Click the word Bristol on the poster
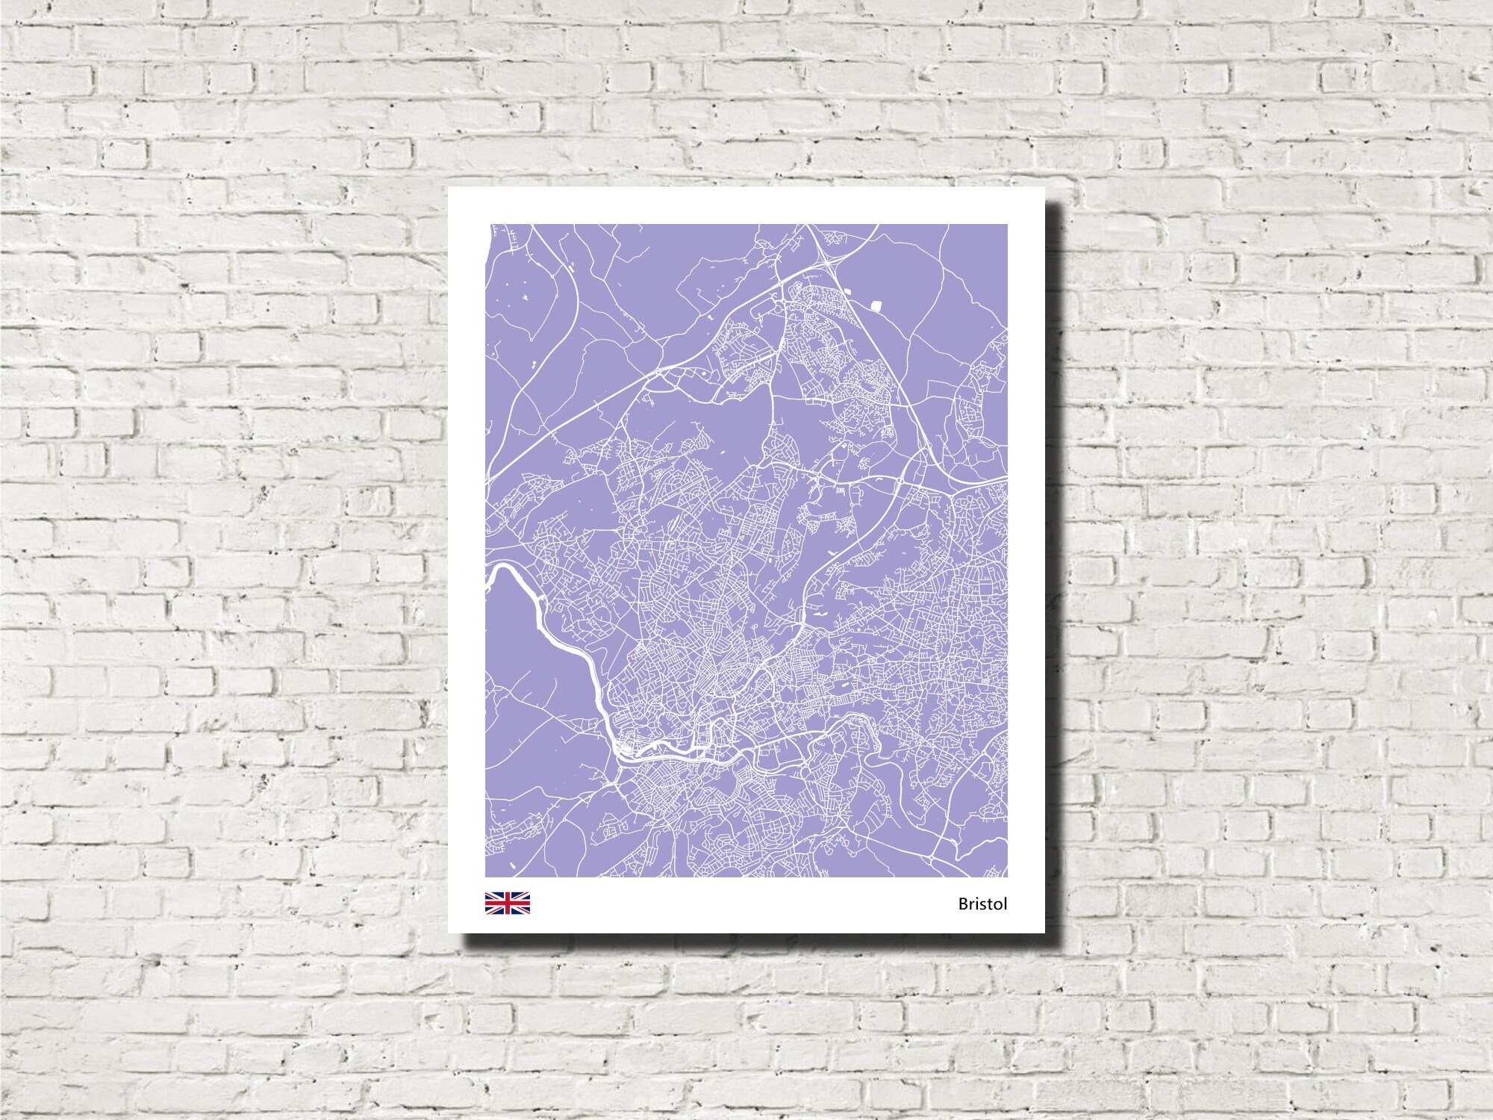982,904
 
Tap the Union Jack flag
508,903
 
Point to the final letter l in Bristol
1006,903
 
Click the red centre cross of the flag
508,903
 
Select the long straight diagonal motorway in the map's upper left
567,418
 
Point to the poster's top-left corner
449,187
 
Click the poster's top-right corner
1044,187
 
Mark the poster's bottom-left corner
449,933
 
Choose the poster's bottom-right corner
1044,933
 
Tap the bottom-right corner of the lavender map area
1007,877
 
